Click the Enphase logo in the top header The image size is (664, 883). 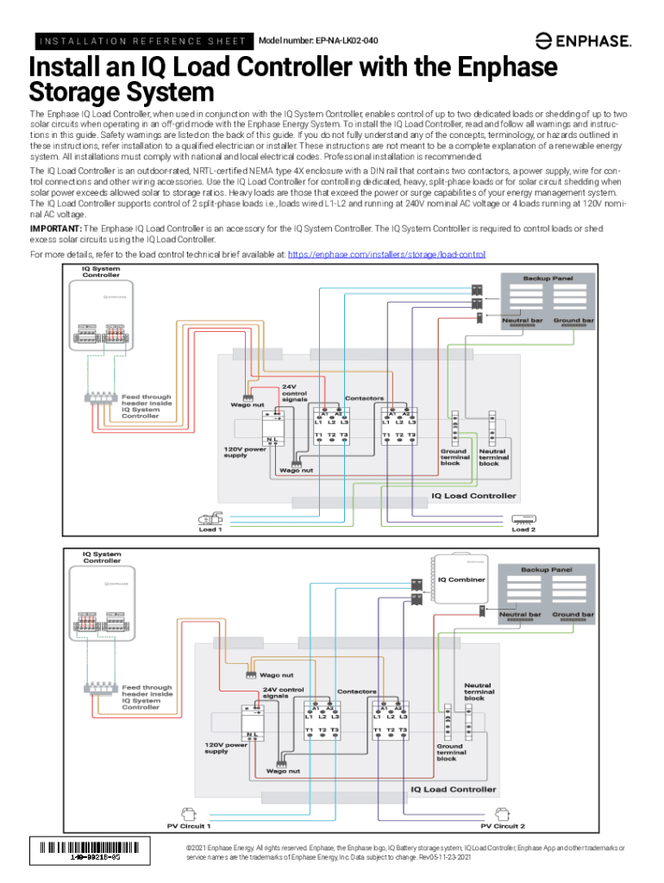[584, 40]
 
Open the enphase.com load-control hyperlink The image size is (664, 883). [386, 255]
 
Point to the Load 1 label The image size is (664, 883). [210, 529]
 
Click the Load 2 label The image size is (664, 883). [523, 529]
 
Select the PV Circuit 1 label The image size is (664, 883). [189, 825]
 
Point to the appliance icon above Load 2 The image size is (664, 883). [523, 519]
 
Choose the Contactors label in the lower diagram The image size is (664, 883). [356, 692]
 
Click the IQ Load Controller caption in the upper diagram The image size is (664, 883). [473, 496]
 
